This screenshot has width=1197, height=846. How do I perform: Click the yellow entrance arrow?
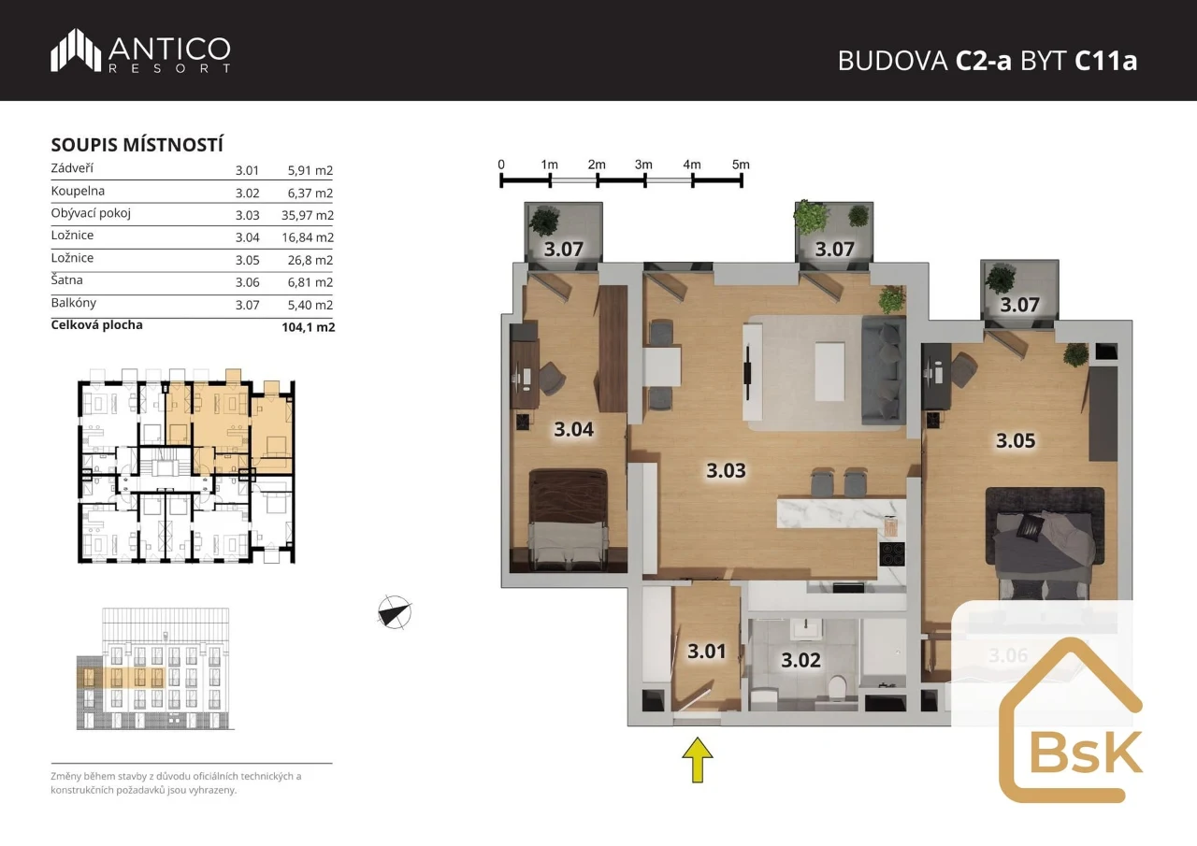(x=698, y=760)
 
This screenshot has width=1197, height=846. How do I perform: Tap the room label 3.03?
(x=726, y=470)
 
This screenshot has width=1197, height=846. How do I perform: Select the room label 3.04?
(x=573, y=429)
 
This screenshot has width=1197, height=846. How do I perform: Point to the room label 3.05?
(x=1016, y=440)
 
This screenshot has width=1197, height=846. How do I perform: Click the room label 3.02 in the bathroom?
(x=800, y=660)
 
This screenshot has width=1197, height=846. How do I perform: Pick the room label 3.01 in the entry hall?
(x=706, y=651)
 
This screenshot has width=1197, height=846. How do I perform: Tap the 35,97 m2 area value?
(x=308, y=215)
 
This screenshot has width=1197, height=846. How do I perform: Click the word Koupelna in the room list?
(x=78, y=191)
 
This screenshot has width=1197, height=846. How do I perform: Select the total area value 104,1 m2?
(x=309, y=327)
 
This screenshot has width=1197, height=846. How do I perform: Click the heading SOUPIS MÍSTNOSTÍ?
(x=137, y=145)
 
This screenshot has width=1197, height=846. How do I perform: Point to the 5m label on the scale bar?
(x=741, y=165)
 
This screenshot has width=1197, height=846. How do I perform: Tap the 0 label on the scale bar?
(x=500, y=165)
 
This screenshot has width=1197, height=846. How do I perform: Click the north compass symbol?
(x=395, y=612)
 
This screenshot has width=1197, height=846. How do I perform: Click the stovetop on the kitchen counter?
(x=892, y=553)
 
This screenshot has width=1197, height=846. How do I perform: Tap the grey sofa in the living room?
(x=884, y=371)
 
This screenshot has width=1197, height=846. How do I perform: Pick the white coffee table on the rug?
(x=829, y=372)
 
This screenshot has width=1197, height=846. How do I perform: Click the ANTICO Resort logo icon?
(x=76, y=50)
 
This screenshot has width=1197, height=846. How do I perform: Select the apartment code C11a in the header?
(x=1105, y=61)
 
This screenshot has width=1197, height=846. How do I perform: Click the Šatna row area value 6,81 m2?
(x=310, y=282)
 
